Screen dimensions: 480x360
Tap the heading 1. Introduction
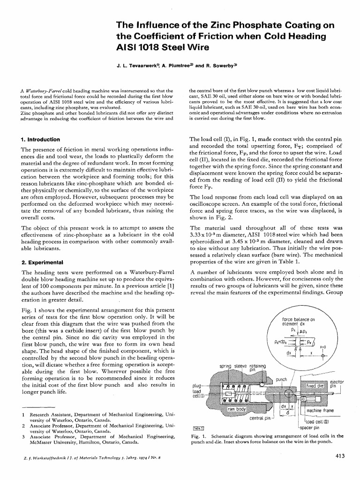point(41,140)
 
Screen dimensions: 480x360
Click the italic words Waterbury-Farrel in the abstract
point(47,90)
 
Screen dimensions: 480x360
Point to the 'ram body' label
point(237,409)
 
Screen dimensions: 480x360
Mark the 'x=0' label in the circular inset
point(322,346)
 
